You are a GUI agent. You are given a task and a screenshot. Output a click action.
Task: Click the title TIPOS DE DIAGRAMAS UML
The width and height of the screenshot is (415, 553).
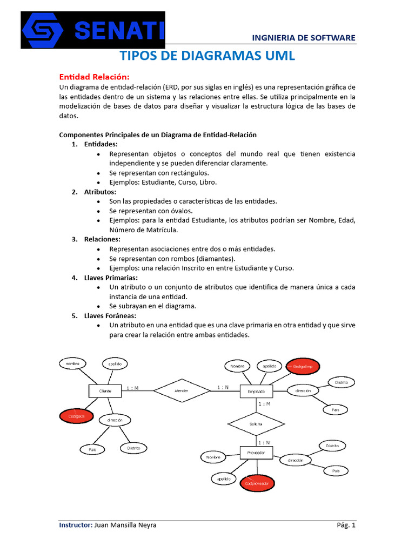coord(207,56)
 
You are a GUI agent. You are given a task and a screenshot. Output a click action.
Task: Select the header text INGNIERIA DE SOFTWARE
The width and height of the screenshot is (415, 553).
coord(304,37)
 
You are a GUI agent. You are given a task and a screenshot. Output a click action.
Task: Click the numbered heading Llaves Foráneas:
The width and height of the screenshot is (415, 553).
coord(110,315)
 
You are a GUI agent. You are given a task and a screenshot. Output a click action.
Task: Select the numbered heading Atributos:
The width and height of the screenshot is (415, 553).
coord(100,192)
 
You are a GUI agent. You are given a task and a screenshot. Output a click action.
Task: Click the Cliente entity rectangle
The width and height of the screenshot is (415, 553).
coord(105,390)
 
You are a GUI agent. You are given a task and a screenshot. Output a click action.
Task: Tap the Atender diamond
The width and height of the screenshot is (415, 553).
coord(180,390)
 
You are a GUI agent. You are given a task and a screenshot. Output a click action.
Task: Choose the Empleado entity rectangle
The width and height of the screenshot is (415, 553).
coord(256,391)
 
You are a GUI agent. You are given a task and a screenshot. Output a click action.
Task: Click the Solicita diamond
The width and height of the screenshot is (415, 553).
coord(256,424)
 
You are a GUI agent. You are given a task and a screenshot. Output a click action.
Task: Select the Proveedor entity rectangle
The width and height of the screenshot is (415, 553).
coord(256,453)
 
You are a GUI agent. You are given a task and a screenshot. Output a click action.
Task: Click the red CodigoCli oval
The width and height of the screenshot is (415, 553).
coord(77,416)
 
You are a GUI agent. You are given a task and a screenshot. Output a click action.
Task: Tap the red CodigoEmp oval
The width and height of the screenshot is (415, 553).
coord(303,367)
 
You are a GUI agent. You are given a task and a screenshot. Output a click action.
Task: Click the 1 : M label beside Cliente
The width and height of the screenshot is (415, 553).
coord(132,388)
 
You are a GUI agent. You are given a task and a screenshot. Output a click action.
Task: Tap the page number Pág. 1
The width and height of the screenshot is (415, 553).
coord(346,525)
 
